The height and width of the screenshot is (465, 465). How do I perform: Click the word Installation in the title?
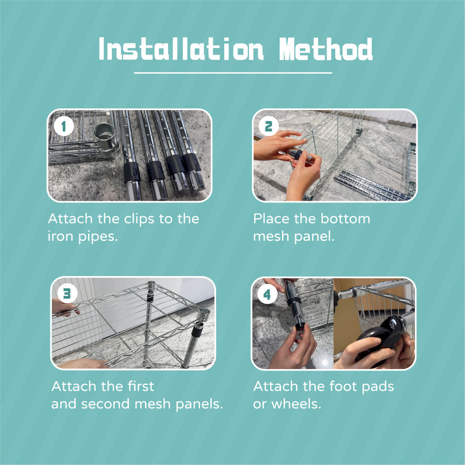pos(181,49)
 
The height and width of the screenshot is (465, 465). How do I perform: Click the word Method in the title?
pos(325,49)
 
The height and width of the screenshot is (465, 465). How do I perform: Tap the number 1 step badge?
pos(63,126)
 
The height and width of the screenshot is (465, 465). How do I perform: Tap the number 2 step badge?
pos(268,126)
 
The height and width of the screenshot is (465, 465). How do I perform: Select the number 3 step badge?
pos(67,294)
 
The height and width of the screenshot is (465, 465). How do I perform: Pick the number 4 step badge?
pos(267,294)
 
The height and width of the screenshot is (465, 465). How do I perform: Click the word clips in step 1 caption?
pos(139,219)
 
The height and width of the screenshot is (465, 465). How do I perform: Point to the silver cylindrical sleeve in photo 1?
pos(106,139)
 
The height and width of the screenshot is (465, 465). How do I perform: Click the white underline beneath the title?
pos(233,73)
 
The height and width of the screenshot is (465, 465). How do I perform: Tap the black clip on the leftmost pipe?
pos(132,172)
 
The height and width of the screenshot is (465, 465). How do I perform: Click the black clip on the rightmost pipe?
pos(192,163)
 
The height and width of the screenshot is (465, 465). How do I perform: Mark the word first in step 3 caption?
pos(141,387)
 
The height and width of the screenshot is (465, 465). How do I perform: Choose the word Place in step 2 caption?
pos(272,219)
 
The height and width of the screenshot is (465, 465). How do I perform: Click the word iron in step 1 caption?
pos(61,237)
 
